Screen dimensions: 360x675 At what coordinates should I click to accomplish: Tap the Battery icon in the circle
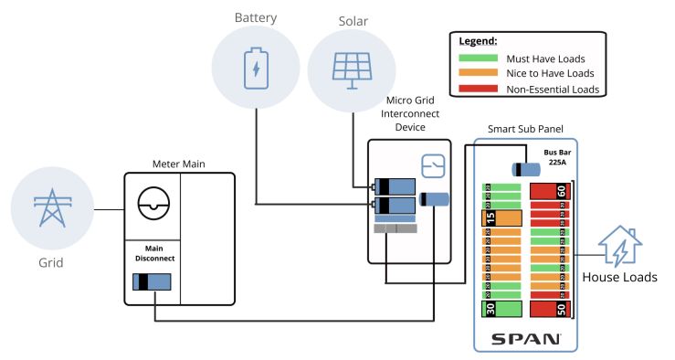point(257,69)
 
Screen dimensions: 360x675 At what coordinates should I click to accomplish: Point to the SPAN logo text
point(526,339)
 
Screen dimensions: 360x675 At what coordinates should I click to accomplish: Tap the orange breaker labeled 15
point(501,218)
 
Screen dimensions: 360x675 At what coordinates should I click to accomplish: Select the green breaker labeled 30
point(501,308)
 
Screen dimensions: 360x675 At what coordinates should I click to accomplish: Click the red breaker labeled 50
point(550,308)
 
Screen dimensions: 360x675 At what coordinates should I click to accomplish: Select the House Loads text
point(619,278)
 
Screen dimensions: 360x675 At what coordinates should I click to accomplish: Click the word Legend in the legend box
point(478,41)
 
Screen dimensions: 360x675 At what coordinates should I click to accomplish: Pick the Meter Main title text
point(178,164)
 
